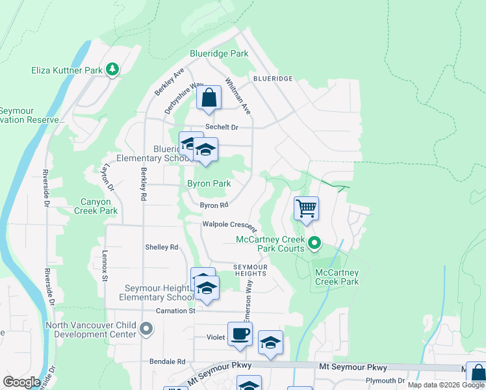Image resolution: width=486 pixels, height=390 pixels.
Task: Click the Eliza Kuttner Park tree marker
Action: [112, 69]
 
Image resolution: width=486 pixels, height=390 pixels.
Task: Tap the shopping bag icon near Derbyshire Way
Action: [209, 98]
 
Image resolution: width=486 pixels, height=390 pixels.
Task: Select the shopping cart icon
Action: [306, 209]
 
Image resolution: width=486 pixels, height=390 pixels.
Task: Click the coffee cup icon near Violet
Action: [240, 334]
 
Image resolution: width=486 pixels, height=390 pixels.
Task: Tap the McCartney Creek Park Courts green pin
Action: [314, 244]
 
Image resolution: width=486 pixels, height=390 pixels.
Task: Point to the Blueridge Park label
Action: [219, 53]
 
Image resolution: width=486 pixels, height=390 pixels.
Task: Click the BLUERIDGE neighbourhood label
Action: [273, 78]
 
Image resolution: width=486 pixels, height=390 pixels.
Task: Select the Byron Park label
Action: [209, 184]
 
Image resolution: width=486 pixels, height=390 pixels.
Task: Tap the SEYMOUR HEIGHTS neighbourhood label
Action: [251, 270]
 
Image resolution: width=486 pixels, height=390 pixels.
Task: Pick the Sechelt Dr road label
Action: [222, 127]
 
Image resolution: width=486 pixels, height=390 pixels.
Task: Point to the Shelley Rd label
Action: [162, 247]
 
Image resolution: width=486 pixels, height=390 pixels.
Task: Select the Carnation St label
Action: [175, 311]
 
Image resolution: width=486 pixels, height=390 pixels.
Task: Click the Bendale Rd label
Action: [167, 361]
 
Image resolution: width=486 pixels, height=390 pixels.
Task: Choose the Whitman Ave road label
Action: [238, 96]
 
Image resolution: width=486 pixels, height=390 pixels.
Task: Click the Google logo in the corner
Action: [21, 382]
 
